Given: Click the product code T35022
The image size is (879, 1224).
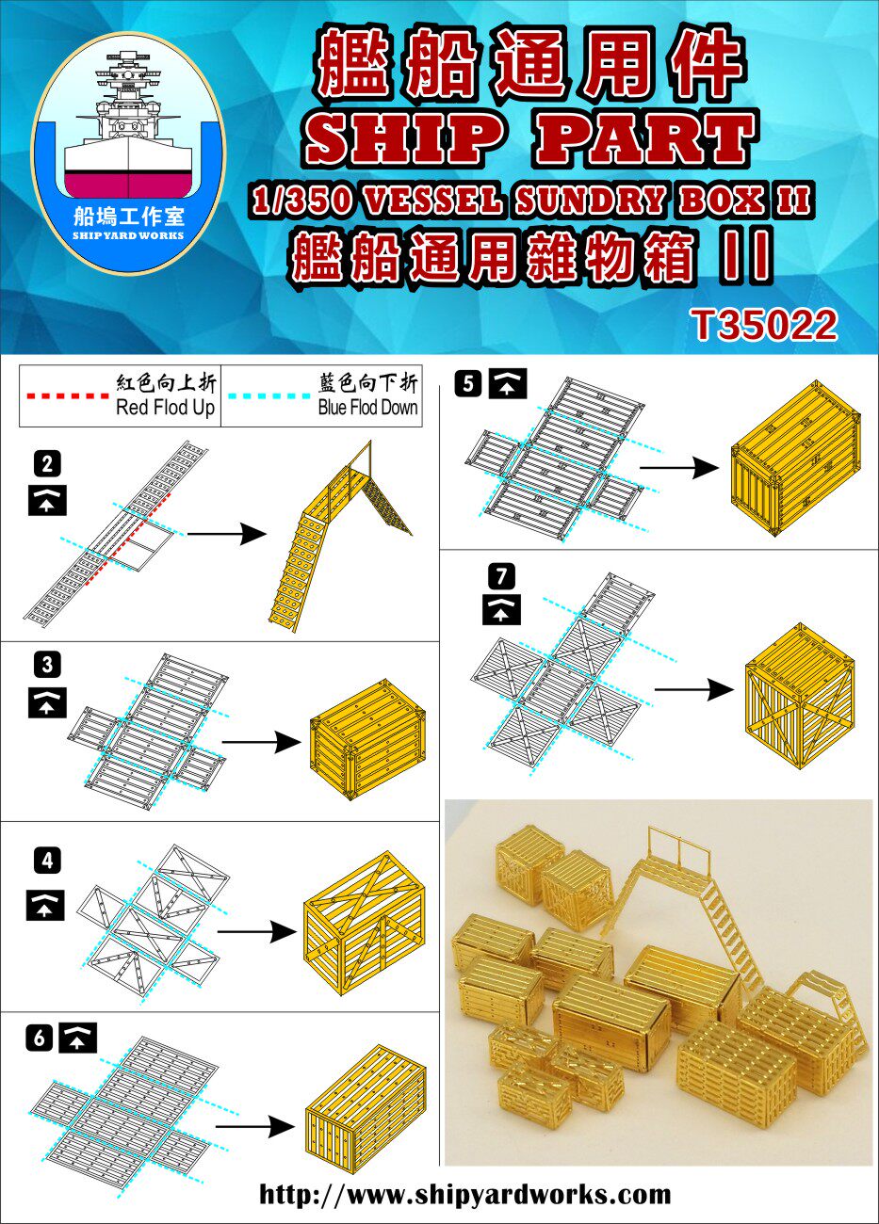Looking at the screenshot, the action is coord(765,325).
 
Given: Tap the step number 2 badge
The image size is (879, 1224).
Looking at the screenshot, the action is coord(47,464).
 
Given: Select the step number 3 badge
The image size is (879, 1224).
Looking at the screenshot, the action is coord(47,665).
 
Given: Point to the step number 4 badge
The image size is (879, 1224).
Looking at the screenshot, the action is coord(47,862).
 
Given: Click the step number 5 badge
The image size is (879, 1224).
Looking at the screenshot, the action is coord(468,383).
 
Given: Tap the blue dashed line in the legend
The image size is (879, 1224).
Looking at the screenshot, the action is coord(269,395).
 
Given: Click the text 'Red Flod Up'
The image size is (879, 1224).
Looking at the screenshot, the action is coord(165,408).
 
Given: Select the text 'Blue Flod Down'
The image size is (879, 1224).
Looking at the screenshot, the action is coord(367,408).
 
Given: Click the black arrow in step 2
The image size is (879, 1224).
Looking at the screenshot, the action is coord(227,533).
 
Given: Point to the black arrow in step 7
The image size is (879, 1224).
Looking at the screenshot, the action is coord(694,689).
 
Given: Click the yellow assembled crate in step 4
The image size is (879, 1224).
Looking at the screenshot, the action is coord(364,930).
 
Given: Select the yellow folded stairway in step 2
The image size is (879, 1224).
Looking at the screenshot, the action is coord(340,537).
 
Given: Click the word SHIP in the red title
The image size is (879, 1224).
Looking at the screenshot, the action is coord(404,137).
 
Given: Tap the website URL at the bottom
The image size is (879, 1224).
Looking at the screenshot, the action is coord(464,1194).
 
